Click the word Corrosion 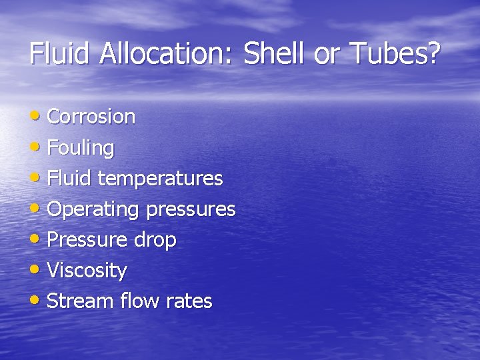tap(91, 117)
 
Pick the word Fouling tap(81, 147)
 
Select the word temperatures tap(160, 179)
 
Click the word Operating tap(93, 209)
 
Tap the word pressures tap(191, 209)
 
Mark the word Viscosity tap(87, 271)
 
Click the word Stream tap(81, 301)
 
